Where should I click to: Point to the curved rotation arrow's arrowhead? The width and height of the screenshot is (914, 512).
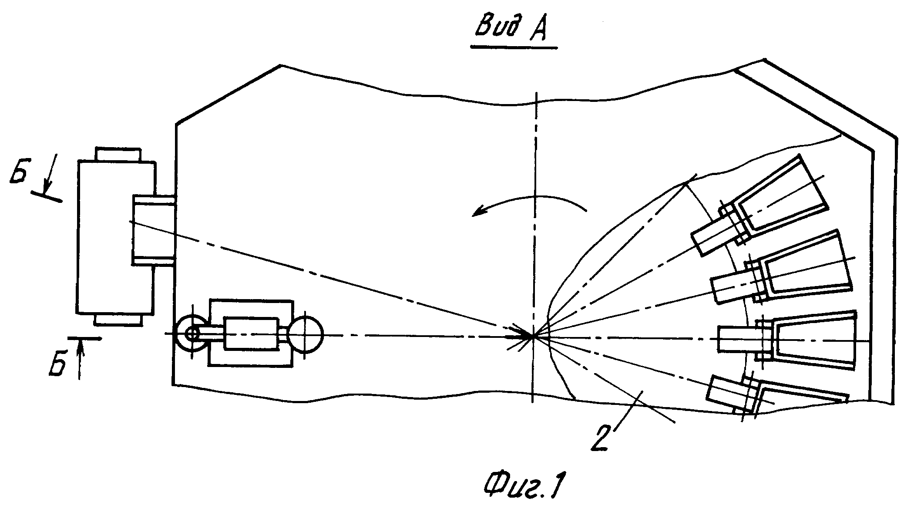pyautogui.click(x=479, y=212)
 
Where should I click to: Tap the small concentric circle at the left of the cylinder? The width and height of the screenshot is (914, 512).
pyautogui.click(x=192, y=334)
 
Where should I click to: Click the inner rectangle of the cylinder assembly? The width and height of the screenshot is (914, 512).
pyautogui.click(x=251, y=334)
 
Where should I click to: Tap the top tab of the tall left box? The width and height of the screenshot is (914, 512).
pyautogui.click(x=118, y=155)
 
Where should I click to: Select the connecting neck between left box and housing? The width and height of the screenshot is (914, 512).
pyautogui.click(x=154, y=229)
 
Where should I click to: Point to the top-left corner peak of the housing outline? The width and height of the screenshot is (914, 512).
pyautogui.click(x=280, y=65)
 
